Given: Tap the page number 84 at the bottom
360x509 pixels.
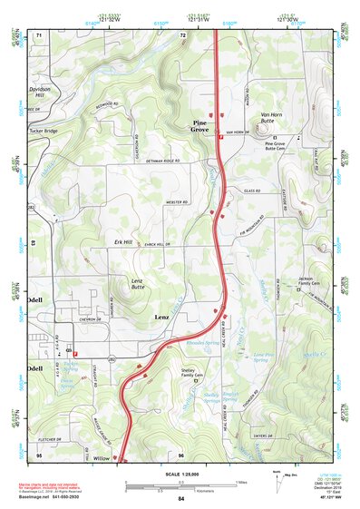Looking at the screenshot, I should click(x=181, y=499).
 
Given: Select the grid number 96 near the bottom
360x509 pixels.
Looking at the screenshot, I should click(x=181, y=454).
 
